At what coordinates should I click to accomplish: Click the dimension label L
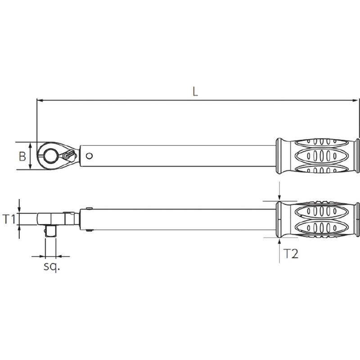(x=194, y=91)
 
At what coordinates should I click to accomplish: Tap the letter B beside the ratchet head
(x=22, y=156)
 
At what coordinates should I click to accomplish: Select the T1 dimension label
(x=9, y=219)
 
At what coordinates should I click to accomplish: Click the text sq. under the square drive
(x=52, y=266)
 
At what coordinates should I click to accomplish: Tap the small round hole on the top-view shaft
(x=89, y=156)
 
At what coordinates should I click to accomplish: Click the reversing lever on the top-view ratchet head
(x=69, y=154)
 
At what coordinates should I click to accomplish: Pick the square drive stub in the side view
(x=51, y=231)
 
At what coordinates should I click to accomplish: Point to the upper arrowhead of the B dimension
(x=31, y=145)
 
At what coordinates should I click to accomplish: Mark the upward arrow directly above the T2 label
(x=279, y=241)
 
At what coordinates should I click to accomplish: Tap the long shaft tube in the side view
(x=180, y=219)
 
